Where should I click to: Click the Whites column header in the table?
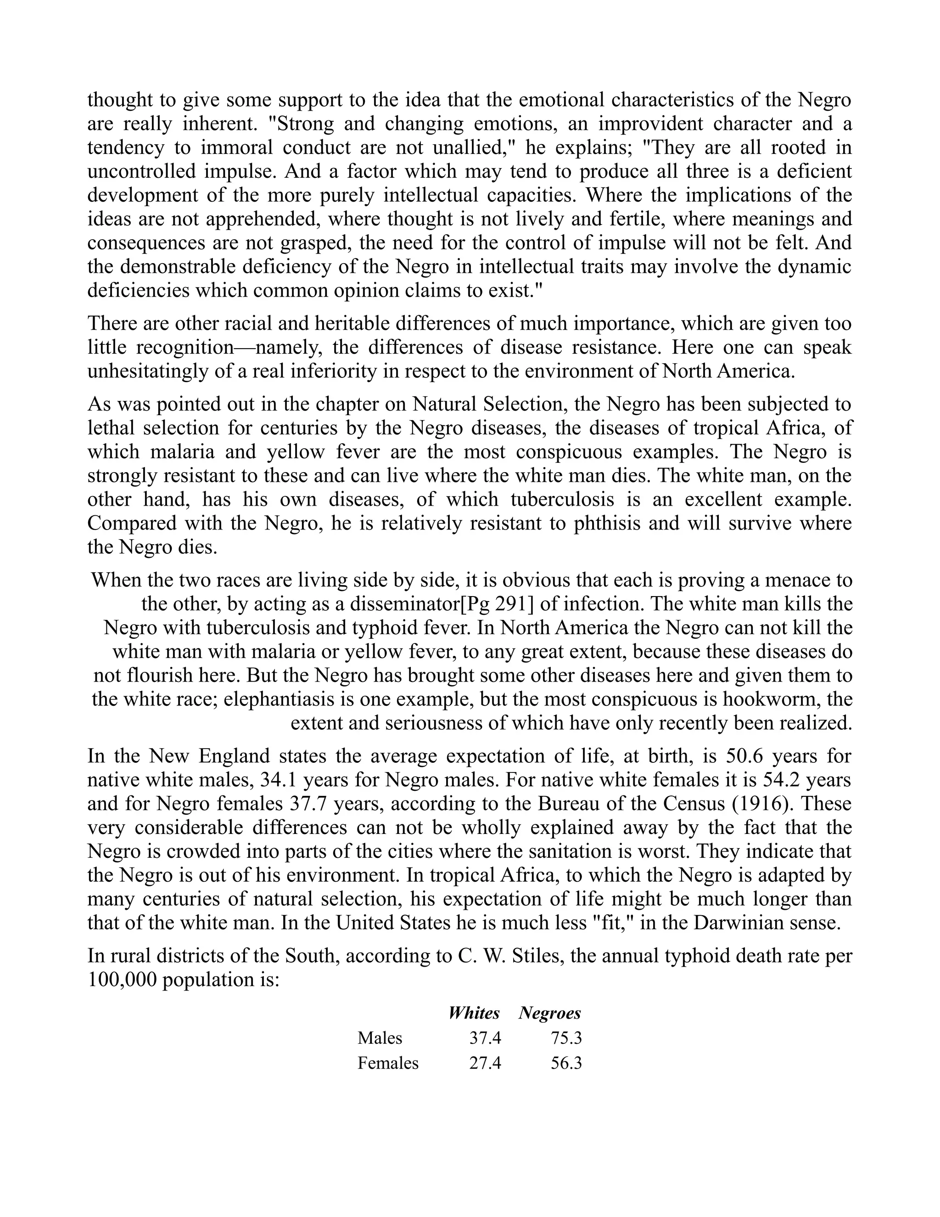(474, 1013)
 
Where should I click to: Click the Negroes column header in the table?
(549, 1013)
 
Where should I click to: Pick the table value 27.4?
(485, 1063)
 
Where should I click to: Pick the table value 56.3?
(566, 1063)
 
